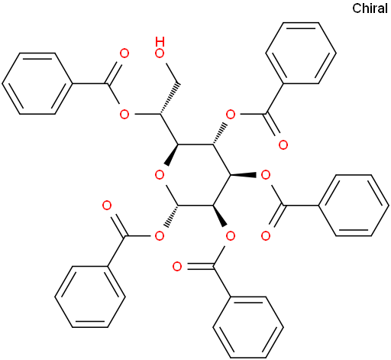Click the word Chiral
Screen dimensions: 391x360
click(370, 8)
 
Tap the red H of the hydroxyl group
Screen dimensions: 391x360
click(160, 42)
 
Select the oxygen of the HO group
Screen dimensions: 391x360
click(160, 54)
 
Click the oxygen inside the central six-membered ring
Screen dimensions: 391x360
click(160, 175)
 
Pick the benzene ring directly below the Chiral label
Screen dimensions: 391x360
click(301, 53)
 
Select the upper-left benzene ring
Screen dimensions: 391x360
click(37, 83)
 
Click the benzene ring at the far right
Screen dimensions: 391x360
click(354, 206)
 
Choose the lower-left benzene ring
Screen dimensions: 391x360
click(90, 297)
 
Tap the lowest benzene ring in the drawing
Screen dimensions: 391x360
click(248, 327)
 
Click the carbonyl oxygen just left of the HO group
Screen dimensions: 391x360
click(124, 54)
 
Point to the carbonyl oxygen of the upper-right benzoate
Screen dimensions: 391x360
click(283, 144)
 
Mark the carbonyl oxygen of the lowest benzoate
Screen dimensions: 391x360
click(177, 267)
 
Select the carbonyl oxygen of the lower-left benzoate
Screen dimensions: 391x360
click(107, 206)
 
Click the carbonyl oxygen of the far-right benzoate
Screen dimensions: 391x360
click(266, 236)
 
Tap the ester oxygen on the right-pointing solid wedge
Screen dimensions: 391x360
click(266, 175)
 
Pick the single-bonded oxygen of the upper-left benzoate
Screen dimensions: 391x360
click(124, 115)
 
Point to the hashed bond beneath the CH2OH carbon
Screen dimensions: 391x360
click(169, 99)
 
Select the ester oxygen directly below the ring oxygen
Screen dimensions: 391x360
click(160, 236)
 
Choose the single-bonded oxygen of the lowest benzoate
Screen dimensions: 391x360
click(231, 236)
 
